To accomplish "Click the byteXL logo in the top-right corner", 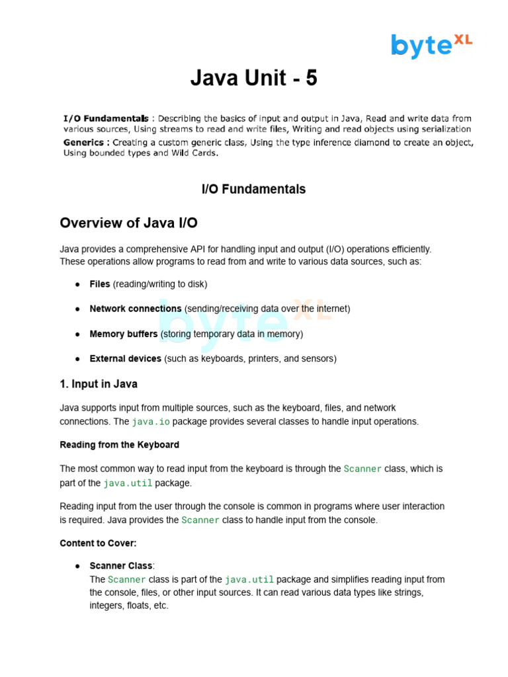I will [x=431, y=45].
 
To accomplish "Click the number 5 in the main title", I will [x=311, y=79].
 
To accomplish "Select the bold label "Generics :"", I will [x=87, y=142].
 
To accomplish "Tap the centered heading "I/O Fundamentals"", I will [x=253, y=189].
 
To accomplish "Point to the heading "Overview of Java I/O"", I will [x=128, y=223].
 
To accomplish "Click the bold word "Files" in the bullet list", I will [x=100, y=284].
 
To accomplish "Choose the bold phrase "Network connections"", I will [x=136, y=309].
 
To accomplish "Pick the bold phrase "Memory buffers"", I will [x=124, y=334].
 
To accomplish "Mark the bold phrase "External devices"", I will [x=126, y=358].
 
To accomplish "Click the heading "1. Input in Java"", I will [x=99, y=384].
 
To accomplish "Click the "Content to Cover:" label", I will [x=98, y=543].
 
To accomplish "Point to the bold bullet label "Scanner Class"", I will [x=121, y=566].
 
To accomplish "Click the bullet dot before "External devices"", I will [x=77, y=359].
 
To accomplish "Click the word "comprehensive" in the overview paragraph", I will [x=153, y=249].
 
